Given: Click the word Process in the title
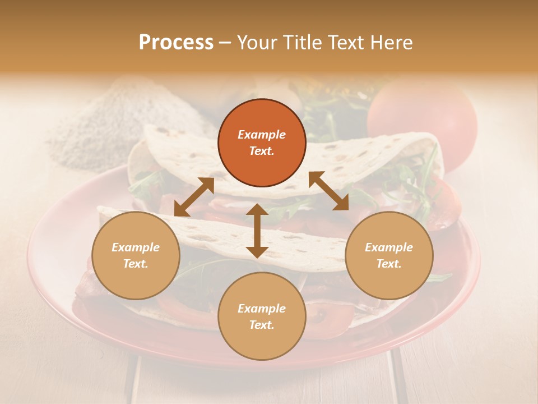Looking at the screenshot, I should pyautogui.click(x=176, y=43).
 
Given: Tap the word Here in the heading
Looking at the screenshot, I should pyautogui.click(x=391, y=43).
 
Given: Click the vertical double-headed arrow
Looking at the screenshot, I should pyautogui.click(x=257, y=231).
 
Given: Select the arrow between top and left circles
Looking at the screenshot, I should pyautogui.click(x=194, y=197).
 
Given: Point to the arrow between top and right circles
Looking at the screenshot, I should pyautogui.click(x=328, y=191).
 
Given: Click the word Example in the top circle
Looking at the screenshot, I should pyautogui.click(x=262, y=135).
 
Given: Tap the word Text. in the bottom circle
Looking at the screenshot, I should pyautogui.click(x=262, y=325).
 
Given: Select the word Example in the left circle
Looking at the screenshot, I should pyautogui.click(x=136, y=247).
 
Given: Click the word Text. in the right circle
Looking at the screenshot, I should pyautogui.click(x=389, y=264).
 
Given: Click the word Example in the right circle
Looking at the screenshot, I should pyautogui.click(x=389, y=247).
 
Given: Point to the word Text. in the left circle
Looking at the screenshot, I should pyautogui.click(x=136, y=264).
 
